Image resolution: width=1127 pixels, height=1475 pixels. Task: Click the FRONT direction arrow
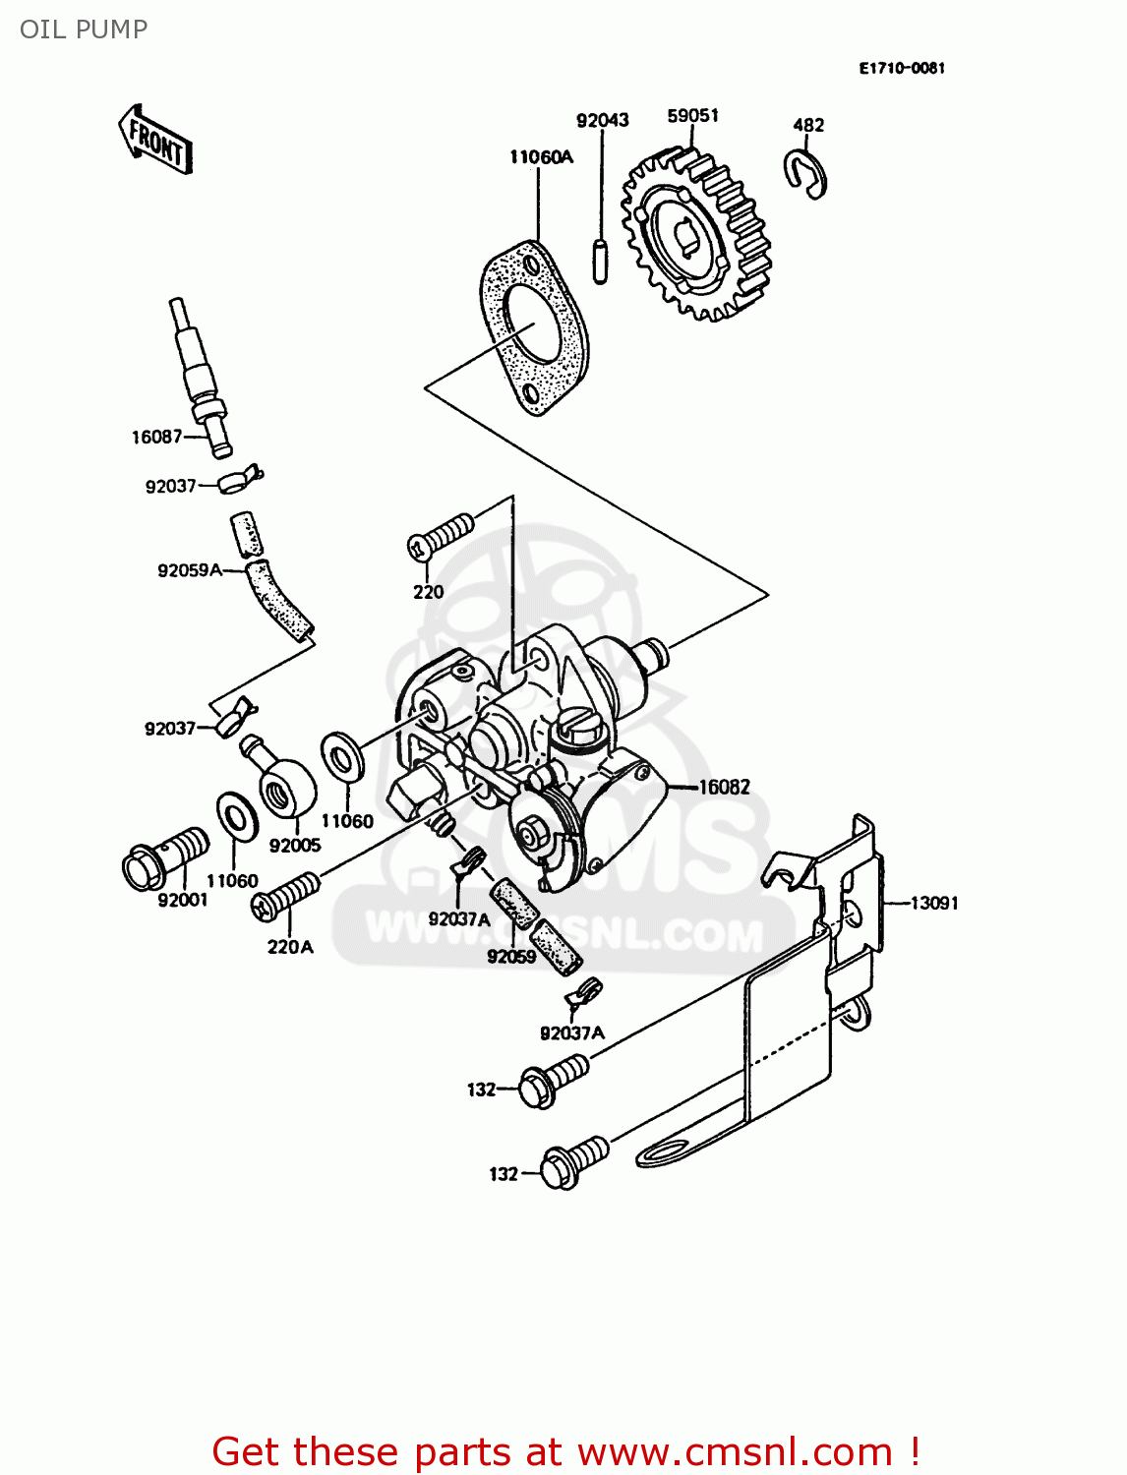[155, 141]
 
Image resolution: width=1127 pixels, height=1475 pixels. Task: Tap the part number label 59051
[692, 116]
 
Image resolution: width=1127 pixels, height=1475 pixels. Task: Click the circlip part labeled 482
[805, 174]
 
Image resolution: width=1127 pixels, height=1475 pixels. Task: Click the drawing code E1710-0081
[901, 68]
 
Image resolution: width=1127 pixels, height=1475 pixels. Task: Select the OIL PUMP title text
[84, 29]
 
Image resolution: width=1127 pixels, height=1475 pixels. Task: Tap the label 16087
[156, 437]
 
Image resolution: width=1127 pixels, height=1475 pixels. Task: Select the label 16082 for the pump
[724, 787]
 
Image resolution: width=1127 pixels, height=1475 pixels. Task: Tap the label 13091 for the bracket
[933, 903]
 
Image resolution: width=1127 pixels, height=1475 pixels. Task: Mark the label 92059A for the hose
[190, 570]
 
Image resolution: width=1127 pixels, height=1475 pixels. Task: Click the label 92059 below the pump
[511, 956]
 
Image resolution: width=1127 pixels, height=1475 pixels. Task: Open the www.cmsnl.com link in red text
[735, 1452]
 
